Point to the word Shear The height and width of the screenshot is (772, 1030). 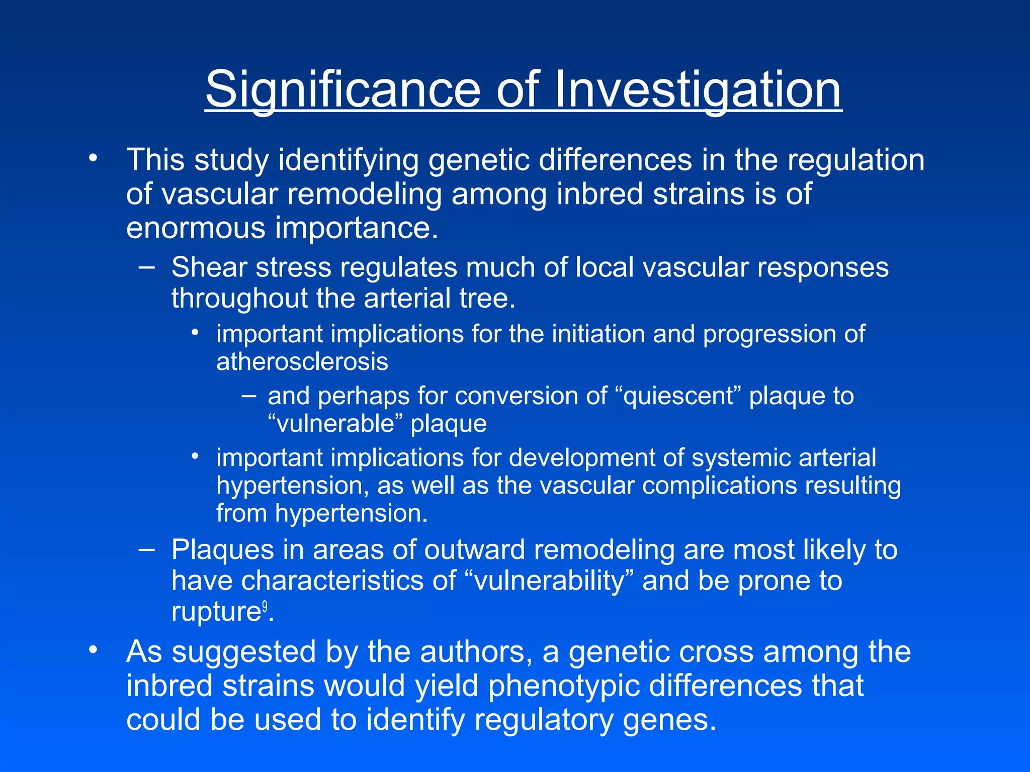click(x=209, y=267)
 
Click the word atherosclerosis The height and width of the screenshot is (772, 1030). click(x=302, y=362)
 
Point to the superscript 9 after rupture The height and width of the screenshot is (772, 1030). click(x=265, y=606)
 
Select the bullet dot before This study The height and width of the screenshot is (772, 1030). click(x=92, y=159)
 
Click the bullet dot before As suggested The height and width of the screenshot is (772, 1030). click(x=92, y=650)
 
